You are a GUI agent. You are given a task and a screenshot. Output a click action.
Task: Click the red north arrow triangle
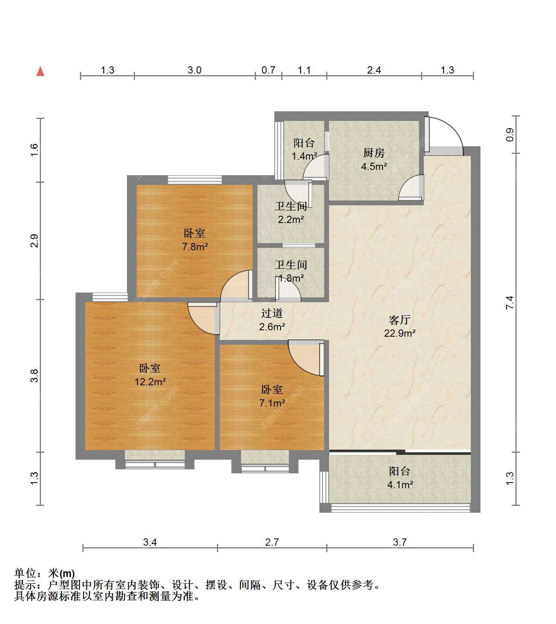tap(40, 71)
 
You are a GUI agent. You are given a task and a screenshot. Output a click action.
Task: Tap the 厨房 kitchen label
tap(374, 153)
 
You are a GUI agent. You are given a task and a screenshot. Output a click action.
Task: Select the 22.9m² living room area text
tap(399, 333)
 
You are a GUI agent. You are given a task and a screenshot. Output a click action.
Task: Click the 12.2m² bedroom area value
tap(150, 381)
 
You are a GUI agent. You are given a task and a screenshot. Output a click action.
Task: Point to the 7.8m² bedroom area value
tap(195, 247)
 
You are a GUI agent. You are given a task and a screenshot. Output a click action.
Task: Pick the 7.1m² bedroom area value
tap(272, 403)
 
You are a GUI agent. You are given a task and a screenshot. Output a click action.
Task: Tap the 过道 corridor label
tap(272, 313)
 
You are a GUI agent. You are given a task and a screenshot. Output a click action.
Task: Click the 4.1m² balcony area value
tap(400, 485)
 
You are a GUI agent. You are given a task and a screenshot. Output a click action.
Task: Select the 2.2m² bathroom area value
tap(290, 220)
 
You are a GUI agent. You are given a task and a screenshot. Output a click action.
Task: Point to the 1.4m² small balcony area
tap(304, 156)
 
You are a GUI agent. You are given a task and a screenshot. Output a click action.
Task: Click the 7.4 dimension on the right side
tap(509, 303)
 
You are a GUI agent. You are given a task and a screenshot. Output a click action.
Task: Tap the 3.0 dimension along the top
tap(194, 70)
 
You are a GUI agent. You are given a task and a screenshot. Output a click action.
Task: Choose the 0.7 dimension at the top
tap(268, 70)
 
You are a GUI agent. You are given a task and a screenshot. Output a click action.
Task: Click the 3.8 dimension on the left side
tap(34, 376)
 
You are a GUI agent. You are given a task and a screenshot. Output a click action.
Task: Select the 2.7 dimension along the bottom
tap(272, 542)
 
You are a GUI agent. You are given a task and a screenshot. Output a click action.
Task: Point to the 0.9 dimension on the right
tap(509, 135)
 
